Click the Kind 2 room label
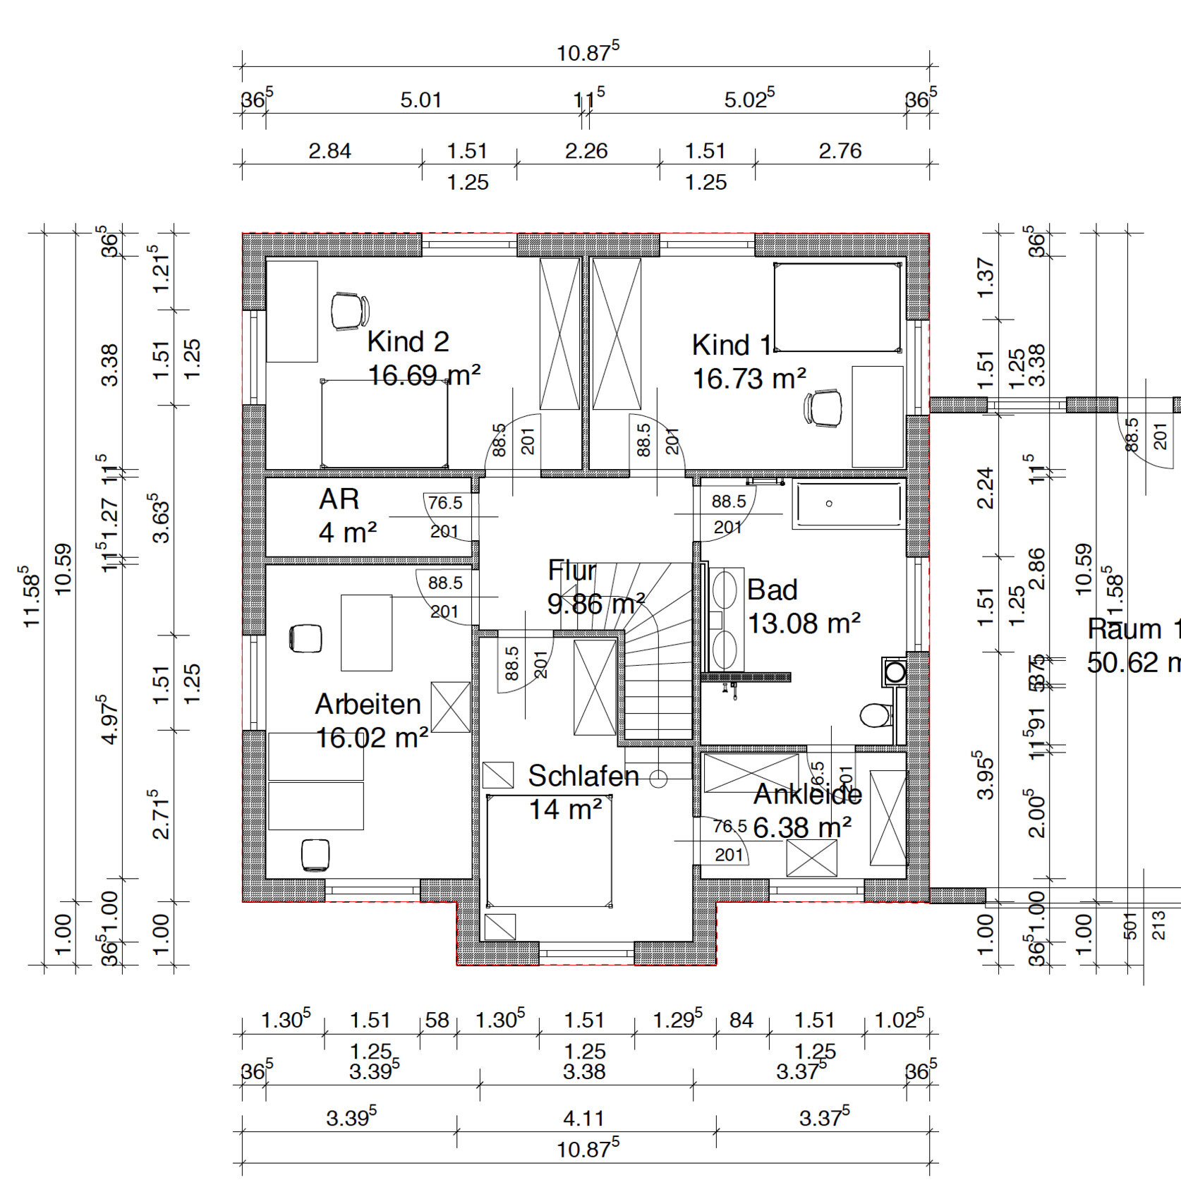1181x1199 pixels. (x=408, y=342)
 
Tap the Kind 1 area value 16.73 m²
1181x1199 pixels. (x=749, y=379)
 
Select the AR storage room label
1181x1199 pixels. (x=339, y=499)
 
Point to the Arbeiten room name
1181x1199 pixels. (x=368, y=704)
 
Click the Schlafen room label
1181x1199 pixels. (x=583, y=776)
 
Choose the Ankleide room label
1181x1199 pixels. (x=808, y=794)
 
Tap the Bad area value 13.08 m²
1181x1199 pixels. (x=804, y=623)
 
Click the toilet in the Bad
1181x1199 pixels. (x=876, y=715)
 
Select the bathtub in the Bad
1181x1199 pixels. (x=849, y=504)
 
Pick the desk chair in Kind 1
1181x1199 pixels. (x=823, y=408)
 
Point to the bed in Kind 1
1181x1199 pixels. (x=837, y=307)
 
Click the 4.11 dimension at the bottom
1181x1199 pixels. (x=583, y=1118)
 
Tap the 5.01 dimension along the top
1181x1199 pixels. (x=421, y=100)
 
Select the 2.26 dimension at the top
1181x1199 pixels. (x=586, y=151)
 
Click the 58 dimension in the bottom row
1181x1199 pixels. (x=437, y=1021)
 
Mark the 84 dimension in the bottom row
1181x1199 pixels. (x=741, y=1021)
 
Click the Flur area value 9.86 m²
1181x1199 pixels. (x=596, y=604)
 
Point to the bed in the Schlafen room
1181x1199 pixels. (x=549, y=851)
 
